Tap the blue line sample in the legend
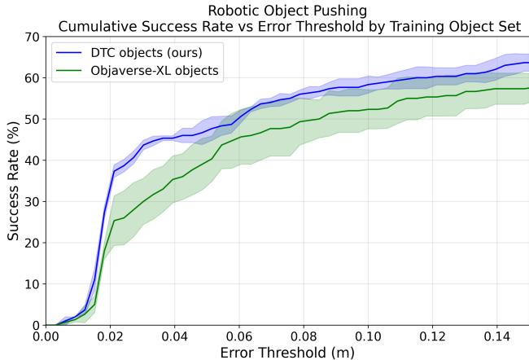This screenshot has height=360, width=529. point(70,51)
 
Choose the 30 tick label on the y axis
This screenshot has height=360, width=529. point(31,201)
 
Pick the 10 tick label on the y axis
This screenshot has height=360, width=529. point(31,284)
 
